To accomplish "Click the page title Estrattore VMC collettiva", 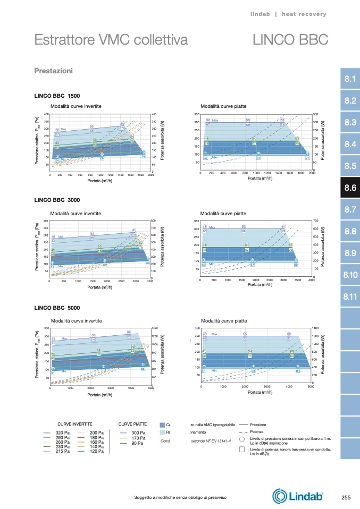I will point(111,40).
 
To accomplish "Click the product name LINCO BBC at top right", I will point(290,40).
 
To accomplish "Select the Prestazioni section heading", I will point(53,71).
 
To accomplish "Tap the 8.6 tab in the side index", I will point(350,188).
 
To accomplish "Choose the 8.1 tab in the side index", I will point(350,79).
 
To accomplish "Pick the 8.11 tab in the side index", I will point(350,296).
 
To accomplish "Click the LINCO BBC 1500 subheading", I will point(57,96).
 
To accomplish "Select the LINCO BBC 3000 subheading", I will point(57,201).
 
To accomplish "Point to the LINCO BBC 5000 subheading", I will point(57,308).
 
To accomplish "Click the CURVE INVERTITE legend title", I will point(75,424).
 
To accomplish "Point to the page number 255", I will point(346,497).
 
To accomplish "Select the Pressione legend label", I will point(258,425).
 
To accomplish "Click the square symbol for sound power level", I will point(242,449).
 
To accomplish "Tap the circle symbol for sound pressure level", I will point(242,439).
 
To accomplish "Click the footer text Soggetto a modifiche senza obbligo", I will point(181,497).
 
